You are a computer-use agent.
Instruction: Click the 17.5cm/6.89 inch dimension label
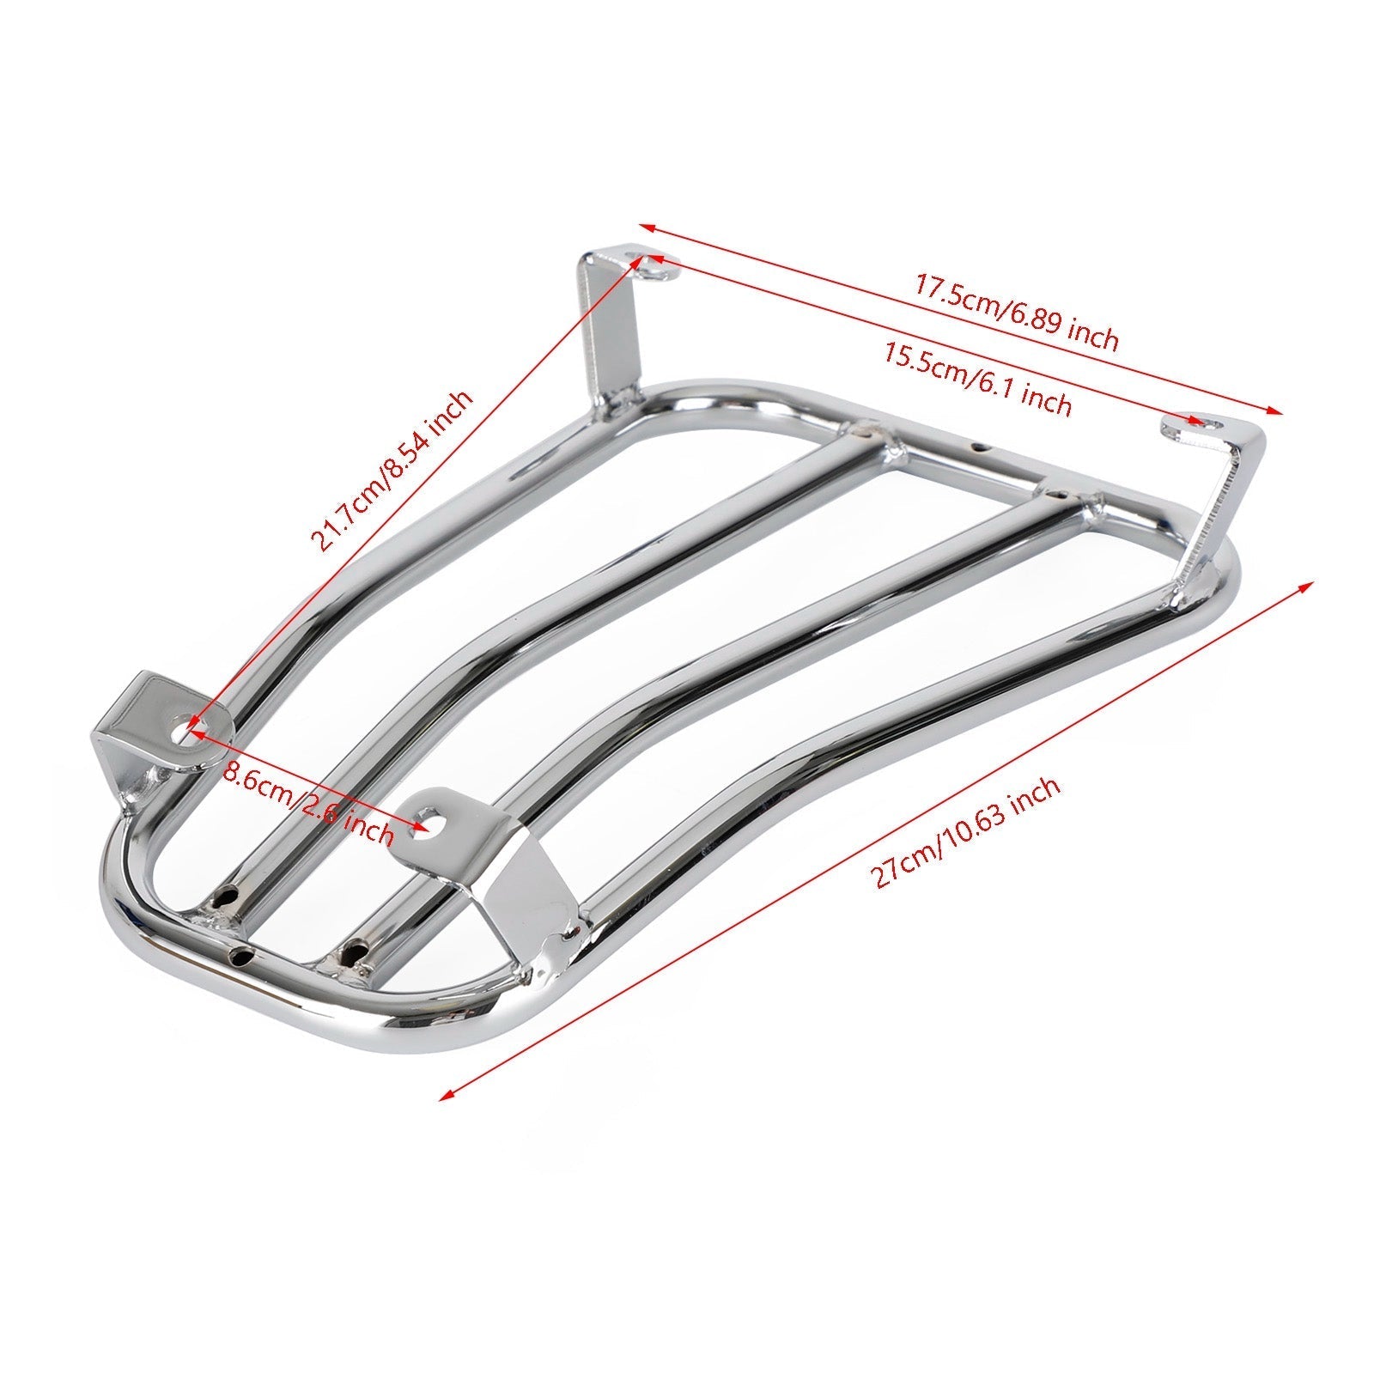[1015, 312]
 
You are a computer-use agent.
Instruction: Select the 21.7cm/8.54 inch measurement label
[392, 471]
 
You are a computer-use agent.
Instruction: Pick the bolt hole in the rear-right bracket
[1206, 421]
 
